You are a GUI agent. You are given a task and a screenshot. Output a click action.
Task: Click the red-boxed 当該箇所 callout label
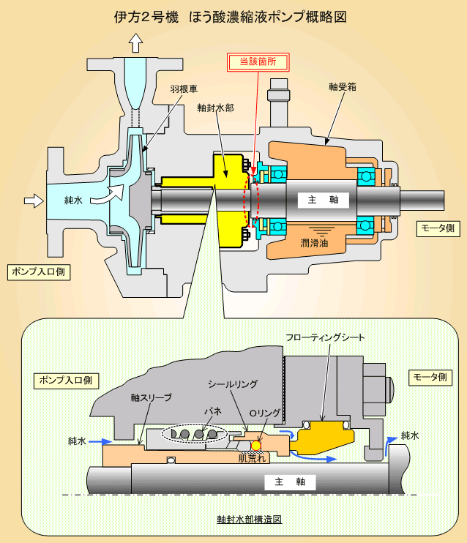point(258,62)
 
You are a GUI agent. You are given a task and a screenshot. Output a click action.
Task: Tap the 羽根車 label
point(184,89)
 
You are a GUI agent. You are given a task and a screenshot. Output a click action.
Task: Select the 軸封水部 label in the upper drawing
point(215,108)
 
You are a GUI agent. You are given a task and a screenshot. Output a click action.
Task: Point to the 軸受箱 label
point(343,86)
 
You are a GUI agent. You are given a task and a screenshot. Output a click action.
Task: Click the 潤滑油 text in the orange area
point(314,243)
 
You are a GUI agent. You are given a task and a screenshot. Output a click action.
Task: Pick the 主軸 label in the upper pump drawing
point(324,200)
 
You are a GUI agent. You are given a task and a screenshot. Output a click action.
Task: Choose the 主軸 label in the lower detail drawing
point(290,482)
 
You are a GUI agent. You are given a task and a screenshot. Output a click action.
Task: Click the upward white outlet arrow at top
point(135,43)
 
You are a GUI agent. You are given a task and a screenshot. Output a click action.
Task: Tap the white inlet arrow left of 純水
point(34,201)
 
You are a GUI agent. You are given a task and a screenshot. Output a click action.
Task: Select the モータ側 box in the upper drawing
point(438,228)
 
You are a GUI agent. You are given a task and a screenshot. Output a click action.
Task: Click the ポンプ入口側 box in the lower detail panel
point(66,381)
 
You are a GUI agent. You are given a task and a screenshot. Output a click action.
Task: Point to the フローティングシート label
point(325,337)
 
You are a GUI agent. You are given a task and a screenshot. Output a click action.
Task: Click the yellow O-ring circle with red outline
point(255,446)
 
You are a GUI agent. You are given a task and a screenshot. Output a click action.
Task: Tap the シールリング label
point(233,384)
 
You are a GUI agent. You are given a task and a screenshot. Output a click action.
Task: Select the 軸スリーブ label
point(151,397)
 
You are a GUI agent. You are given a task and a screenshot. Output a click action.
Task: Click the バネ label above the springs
point(213,411)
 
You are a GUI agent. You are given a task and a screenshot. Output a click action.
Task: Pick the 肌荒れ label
point(253,459)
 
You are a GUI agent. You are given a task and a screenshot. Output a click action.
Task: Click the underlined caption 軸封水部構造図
point(250,520)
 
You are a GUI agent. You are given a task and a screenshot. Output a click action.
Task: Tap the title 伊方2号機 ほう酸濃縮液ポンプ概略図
point(231,17)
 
